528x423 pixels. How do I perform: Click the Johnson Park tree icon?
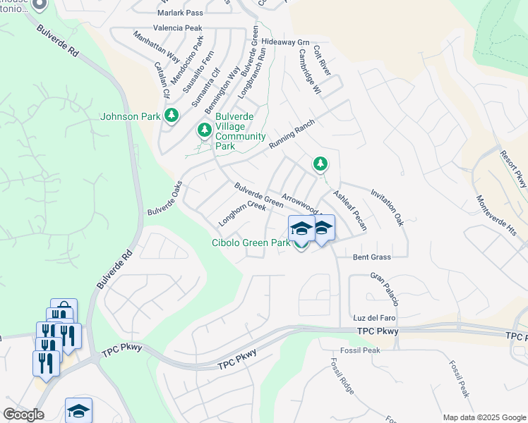coord(169,115)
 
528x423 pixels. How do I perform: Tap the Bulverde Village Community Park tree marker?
coord(205,130)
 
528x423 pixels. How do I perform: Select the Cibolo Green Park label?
coord(251,243)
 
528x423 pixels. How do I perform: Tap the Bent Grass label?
coord(372,257)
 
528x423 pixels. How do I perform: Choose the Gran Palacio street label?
coord(385,290)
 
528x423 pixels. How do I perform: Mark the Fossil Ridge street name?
coord(342,375)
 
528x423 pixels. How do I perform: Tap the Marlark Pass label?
coord(181,13)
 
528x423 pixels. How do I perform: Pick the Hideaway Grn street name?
coord(285,42)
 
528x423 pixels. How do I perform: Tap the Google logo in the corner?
coord(23,414)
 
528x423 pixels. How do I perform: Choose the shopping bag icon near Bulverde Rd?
coord(64,310)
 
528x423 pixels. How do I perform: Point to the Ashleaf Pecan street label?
coord(350,211)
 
